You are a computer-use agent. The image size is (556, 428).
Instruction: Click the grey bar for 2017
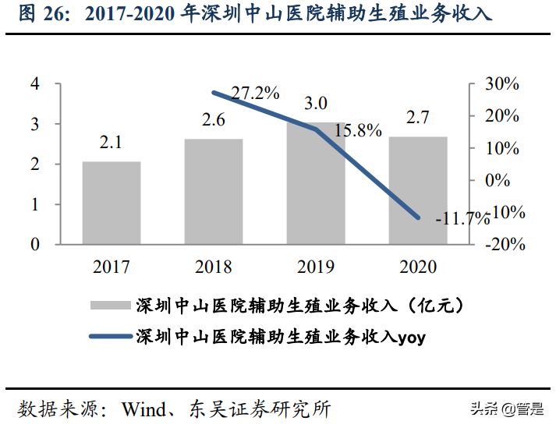pyautogui.click(x=112, y=203)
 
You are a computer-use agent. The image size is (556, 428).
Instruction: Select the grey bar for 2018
pyautogui.click(x=214, y=192)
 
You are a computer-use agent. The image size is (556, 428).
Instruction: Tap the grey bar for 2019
pyautogui.click(x=316, y=183)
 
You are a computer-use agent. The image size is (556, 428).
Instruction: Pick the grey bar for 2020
pyautogui.click(x=418, y=190)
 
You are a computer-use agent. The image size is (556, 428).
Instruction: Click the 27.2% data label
pyautogui.click(x=256, y=93)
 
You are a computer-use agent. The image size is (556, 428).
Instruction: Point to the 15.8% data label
pyautogui.click(x=358, y=129)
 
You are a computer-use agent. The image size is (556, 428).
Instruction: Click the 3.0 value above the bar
pyautogui.click(x=316, y=103)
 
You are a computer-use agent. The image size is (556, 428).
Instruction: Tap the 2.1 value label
pyautogui.click(x=112, y=143)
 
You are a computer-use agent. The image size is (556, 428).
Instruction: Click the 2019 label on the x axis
pyautogui.click(x=316, y=267)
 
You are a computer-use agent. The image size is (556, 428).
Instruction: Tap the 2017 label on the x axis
pyautogui.click(x=112, y=267)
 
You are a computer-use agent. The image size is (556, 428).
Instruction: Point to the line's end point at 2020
pyautogui.click(x=418, y=218)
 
